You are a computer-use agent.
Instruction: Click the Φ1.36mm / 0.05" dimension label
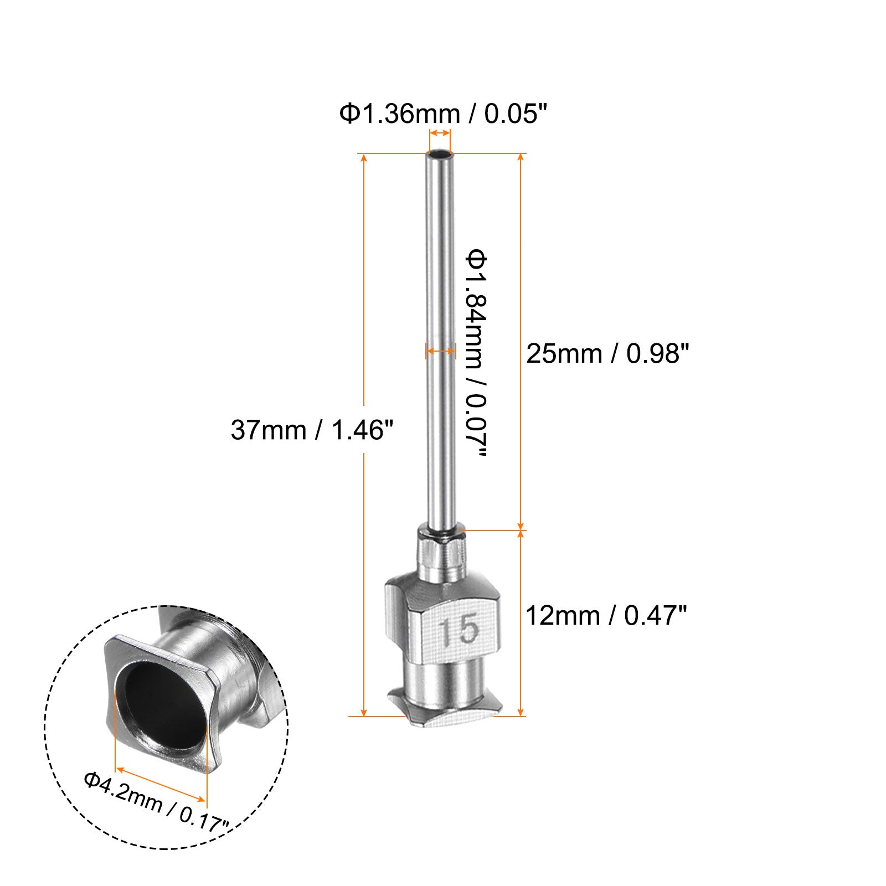[443, 114]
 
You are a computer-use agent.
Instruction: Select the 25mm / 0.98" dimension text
[607, 353]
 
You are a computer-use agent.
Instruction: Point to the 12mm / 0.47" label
[606, 615]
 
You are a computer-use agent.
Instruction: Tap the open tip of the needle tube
[440, 153]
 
